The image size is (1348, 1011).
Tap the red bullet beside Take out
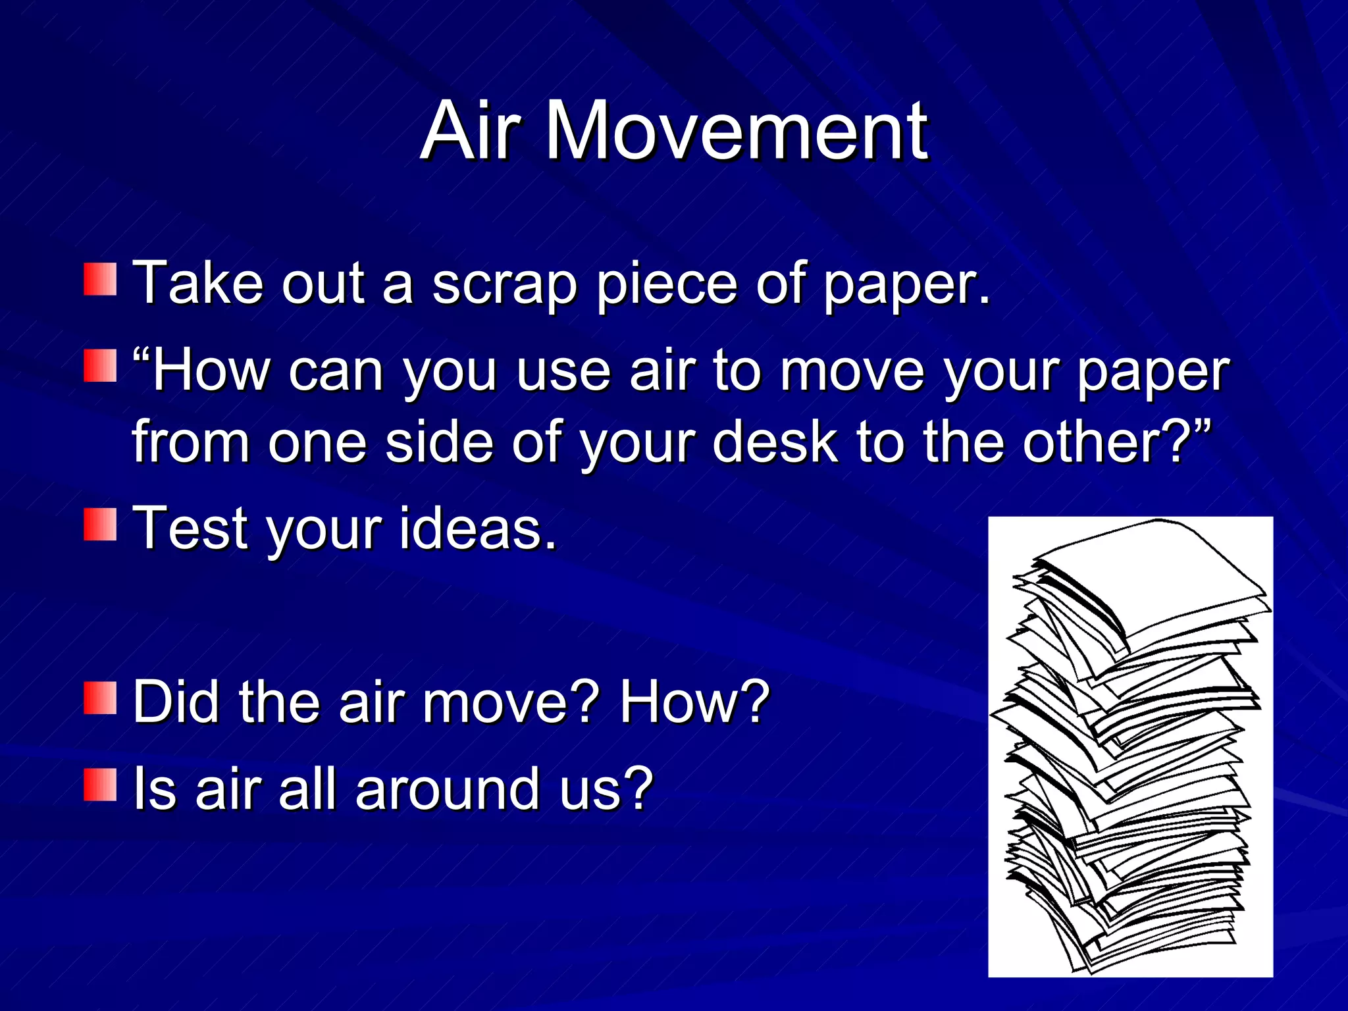click(100, 280)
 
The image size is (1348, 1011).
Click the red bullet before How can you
click(100, 366)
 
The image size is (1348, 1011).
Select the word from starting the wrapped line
click(191, 442)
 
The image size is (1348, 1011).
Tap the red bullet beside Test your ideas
click(100, 524)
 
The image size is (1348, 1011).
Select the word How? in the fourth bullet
click(694, 702)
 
